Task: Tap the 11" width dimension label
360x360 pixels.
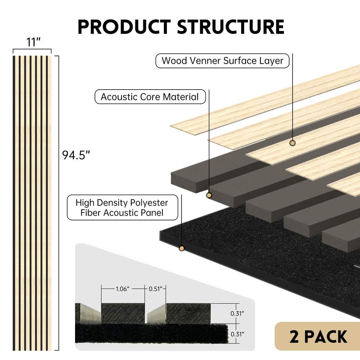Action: click(x=33, y=42)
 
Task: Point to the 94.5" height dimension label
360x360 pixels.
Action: click(x=76, y=155)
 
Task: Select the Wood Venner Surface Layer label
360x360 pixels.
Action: click(x=222, y=60)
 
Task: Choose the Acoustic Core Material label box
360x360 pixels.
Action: click(x=150, y=97)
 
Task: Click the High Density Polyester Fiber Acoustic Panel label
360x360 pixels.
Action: click(x=122, y=207)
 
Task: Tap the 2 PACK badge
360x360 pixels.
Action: click(x=318, y=336)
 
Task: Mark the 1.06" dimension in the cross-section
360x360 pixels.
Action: click(x=122, y=289)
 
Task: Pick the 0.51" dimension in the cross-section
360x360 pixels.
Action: click(x=155, y=289)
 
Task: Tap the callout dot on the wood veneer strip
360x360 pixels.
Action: click(x=292, y=143)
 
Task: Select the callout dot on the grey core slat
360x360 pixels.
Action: click(x=209, y=195)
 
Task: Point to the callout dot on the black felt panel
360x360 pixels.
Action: click(x=182, y=248)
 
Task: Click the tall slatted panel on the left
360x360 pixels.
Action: click(x=33, y=202)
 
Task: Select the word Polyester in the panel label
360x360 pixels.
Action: click(x=148, y=203)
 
